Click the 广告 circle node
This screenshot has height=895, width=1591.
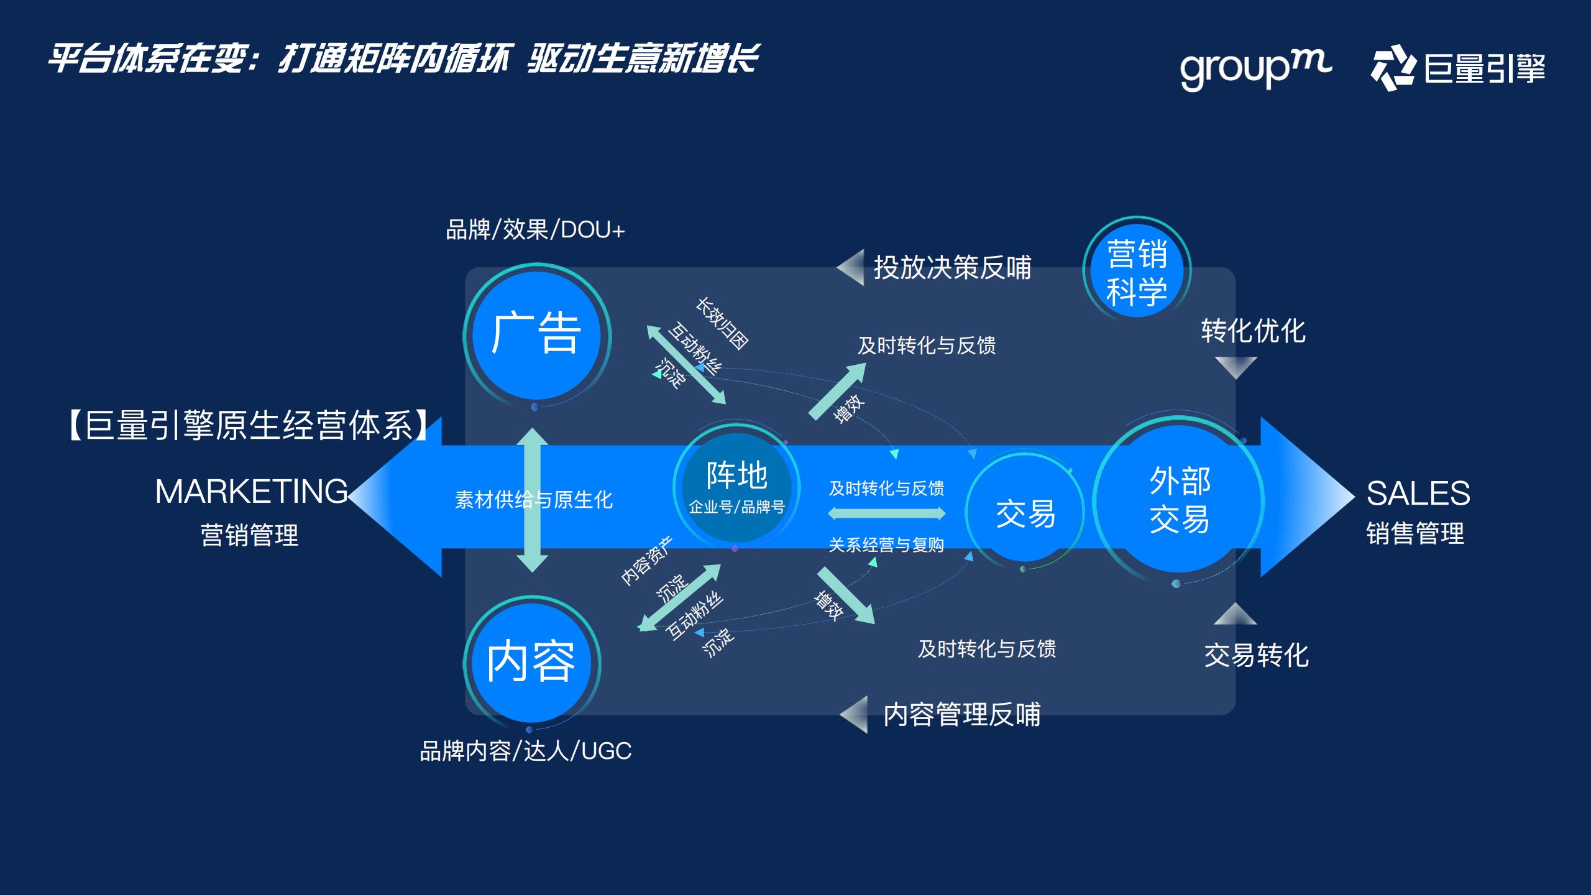point(536,335)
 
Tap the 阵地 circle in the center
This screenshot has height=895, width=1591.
point(736,487)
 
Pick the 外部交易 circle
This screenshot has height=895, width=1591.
point(1179,500)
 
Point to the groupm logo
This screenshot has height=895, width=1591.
point(1255,68)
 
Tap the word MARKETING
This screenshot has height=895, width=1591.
point(251,492)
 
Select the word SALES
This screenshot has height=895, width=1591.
point(1418,493)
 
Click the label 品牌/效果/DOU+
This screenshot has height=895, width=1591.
point(535,230)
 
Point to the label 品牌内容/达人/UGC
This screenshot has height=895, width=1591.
point(526,751)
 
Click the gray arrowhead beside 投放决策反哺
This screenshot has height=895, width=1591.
point(851,267)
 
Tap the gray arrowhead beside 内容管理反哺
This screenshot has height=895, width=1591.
point(855,714)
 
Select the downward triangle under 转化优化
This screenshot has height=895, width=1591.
point(1236,367)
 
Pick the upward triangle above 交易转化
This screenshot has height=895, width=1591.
point(1235,614)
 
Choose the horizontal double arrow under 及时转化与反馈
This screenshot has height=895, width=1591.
point(887,513)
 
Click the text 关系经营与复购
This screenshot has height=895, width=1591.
point(886,545)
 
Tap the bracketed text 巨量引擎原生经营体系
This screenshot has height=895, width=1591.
point(249,426)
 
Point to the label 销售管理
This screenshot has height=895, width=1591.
point(1415,533)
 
